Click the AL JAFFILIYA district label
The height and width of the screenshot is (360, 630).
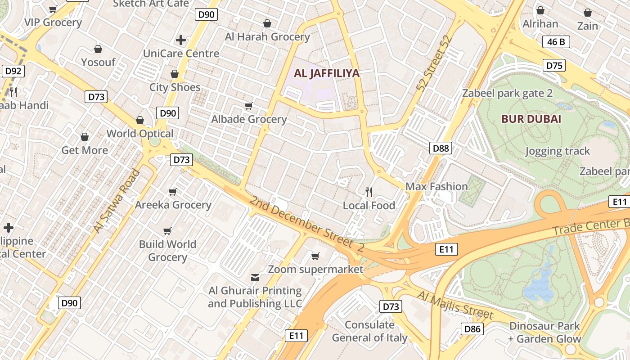pos(327,73)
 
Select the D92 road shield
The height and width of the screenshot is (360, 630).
pos(13,71)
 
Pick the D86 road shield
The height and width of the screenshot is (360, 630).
pos(472,329)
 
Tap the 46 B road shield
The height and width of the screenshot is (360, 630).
pos(556,42)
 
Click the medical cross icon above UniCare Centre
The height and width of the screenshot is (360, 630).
pos(181,40)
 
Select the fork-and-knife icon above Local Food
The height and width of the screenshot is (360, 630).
pos(369,193)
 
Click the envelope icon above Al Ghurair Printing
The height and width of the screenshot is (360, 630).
pos(255,278)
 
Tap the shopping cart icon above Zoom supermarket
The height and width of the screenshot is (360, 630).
pos(315,256)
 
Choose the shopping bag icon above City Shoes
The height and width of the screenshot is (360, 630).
pos(175,74)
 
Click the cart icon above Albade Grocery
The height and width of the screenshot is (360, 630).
pos(248,106)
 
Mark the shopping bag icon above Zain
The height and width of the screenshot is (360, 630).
pos(587,13)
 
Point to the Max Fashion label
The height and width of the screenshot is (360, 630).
pos(436,186)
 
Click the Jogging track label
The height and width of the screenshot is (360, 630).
pos(557,151)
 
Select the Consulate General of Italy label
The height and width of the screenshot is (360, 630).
pos(369,331)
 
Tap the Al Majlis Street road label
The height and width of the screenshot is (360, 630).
pos(455,305)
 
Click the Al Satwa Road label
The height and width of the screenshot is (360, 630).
pos(117,202)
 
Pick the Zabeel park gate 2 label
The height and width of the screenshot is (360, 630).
pos(507,94)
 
